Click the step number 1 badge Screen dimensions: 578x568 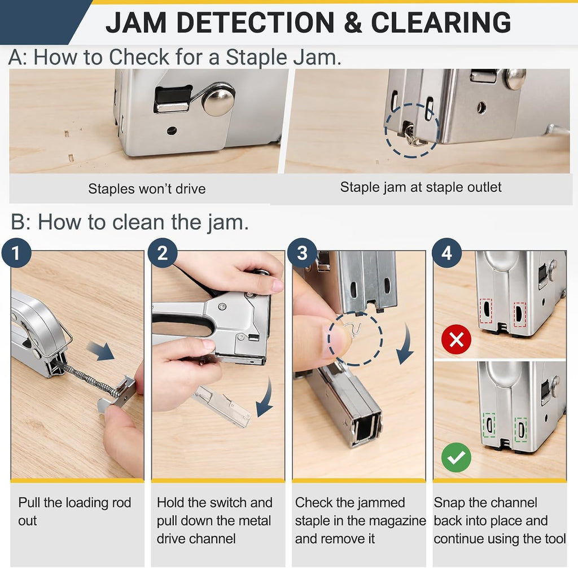click(16, 254)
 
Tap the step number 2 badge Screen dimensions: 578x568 click(163, 254)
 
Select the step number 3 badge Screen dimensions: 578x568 click(302, 254)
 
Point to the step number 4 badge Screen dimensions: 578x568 click(447, 254)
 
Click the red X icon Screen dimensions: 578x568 click(456, 339)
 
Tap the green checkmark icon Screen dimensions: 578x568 click(456, 457)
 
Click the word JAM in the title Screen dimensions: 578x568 click(136, 23)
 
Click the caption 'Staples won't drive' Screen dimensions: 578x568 click(147, 189)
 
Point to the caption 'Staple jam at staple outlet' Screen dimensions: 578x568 click(421, 187)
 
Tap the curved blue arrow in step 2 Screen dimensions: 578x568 click(265, 399)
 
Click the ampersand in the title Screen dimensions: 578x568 click(353, 23)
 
